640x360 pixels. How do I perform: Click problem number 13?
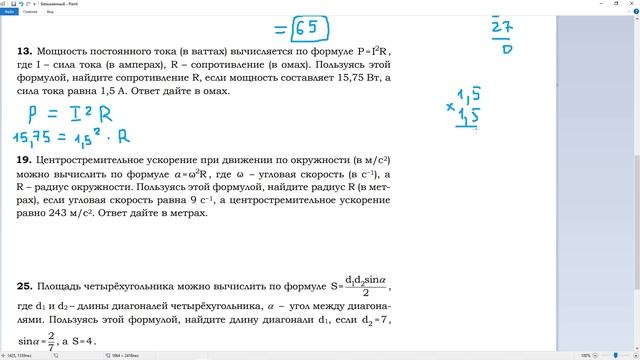click(23, 50)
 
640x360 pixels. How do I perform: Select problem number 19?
click(23, 159)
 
